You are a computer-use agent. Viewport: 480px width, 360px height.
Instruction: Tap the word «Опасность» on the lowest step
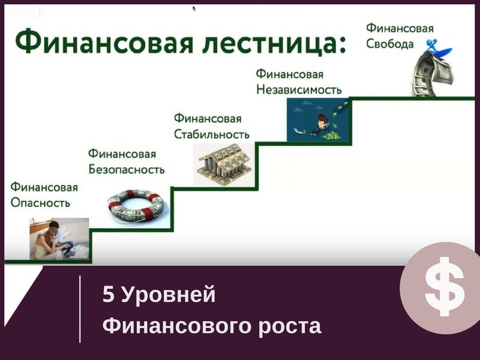pyautogui.click(x=40, y=203)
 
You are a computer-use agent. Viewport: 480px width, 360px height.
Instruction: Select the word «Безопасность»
pyautogui.click(x=127, y=169)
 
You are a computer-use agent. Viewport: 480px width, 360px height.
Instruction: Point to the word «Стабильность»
pyautogui.click(x=212, y=134)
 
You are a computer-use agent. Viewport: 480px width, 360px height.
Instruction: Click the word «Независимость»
pyautogui.click(x=299, y=89)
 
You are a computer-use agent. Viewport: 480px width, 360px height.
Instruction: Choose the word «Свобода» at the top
pyautogui.click(x=389, y=44)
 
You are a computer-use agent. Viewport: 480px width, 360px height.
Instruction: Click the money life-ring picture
pyautogui.click(x=137, y=206)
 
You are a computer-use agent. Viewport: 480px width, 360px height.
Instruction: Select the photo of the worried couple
pyautogui.click(x=59, y=239)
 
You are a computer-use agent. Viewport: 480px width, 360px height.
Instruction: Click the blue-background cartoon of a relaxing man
pyautogui.click(x=318, y=119)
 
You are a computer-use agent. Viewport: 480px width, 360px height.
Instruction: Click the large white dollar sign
pyautogui.click(x=445, y=286)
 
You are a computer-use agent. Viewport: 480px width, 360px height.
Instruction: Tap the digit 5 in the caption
pyautogui.click(x=109, y=295)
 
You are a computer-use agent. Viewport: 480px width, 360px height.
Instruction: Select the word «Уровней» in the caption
pyautogui.click(x=169, y=295)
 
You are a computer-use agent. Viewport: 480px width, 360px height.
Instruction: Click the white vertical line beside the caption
pyautogui.click(x=80, y=309)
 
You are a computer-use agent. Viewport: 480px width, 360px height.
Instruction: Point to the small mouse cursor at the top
pyautogui.click(x=194, y=8)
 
